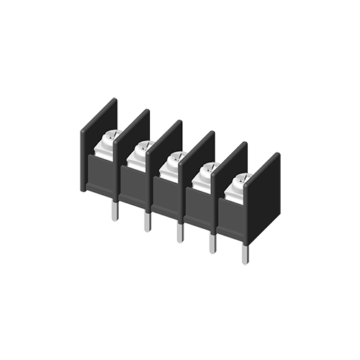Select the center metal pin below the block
179,232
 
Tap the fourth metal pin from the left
212,243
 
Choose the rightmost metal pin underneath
245,254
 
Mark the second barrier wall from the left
132,137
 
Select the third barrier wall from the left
165,148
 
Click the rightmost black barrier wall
264,184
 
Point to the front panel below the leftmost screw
103,176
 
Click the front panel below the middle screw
168,197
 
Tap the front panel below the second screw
135,186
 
